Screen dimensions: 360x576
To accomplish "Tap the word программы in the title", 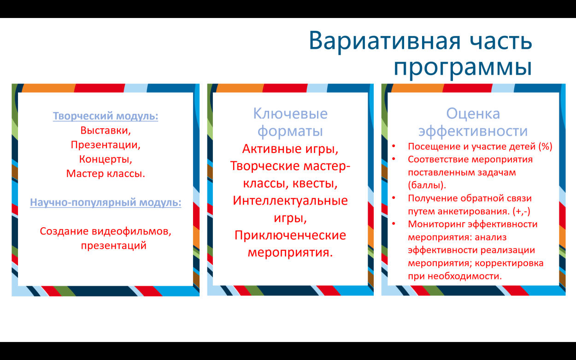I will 463,67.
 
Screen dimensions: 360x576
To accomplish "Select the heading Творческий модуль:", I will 106,116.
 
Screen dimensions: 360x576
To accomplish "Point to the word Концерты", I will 106,159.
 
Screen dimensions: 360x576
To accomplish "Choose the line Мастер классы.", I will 106,174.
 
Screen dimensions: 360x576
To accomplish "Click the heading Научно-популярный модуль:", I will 106,202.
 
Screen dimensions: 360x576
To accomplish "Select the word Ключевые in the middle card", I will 290,113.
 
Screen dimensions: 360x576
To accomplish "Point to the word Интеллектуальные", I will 290,201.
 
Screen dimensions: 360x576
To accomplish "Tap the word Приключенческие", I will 290,235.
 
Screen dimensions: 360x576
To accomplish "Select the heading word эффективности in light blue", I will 473,131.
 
